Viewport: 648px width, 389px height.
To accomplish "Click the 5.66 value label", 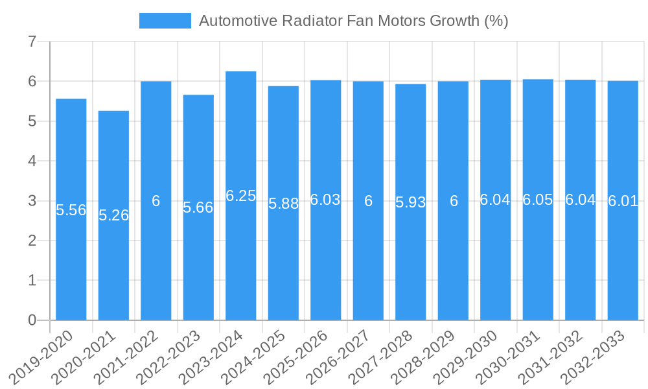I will click(198, 207).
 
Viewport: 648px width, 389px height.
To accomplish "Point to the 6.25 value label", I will click(241, 196).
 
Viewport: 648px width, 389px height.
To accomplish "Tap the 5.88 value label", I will click(283, 204).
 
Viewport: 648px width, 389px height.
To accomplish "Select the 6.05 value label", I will click(538, 200).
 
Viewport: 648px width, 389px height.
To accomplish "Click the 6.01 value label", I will click(623, 201).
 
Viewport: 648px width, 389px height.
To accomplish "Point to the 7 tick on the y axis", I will click(32, 42).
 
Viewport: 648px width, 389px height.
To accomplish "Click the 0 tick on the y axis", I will click(32, 320).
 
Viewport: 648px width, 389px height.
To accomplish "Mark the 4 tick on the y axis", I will click(32, 161).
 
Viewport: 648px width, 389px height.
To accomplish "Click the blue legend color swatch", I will click(165, 21).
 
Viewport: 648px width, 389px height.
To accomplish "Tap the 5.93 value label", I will click(411, 202).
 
